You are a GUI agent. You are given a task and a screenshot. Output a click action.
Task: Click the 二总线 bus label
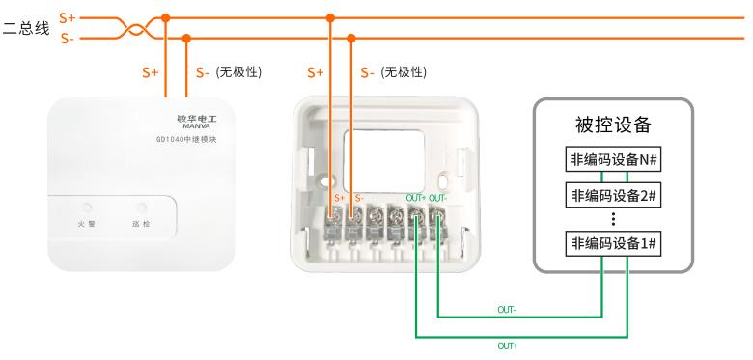(26, 28)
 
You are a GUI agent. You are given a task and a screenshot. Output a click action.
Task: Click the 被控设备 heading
(613, 125)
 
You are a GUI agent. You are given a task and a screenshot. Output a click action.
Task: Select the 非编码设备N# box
(613, 160)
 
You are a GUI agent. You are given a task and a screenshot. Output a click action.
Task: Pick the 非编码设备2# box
(613, 195)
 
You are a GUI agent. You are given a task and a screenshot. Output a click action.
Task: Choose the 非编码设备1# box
(613, 244)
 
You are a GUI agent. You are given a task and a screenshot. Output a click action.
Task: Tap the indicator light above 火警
(87, 208)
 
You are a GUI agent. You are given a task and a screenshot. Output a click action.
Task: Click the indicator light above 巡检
(142, 208)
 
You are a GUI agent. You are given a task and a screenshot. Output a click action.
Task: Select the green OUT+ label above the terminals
(416, 197)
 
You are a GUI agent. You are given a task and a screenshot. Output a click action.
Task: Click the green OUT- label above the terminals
(438, 197)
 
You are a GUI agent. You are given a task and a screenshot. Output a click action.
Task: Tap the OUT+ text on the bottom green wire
(508, 346)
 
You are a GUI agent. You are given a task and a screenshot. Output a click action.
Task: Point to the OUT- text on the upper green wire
(507, 310)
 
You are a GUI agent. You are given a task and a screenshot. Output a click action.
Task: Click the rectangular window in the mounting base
(383, 161)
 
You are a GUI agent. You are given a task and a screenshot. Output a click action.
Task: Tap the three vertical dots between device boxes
(613, 219)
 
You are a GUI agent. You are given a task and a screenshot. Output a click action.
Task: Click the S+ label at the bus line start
(68, 18)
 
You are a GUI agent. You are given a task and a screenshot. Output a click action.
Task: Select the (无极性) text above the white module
(238, 72)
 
